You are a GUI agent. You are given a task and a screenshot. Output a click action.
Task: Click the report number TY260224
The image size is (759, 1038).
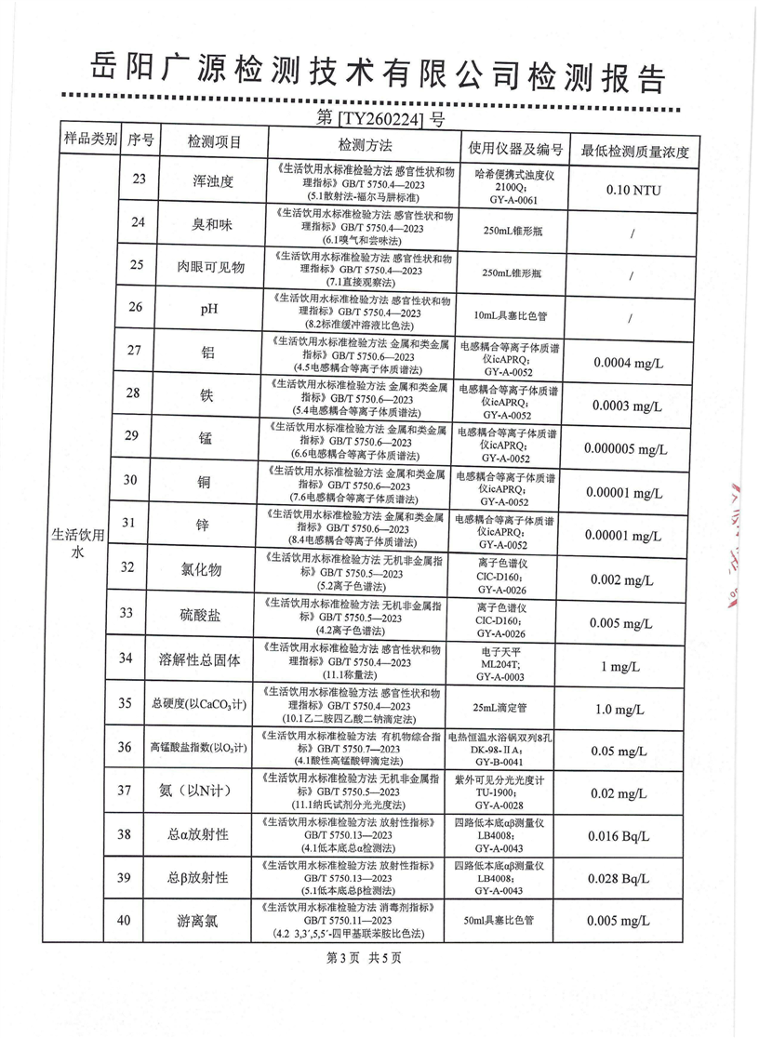pos(380,118)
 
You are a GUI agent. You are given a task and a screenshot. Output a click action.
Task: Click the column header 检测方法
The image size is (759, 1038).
pos(366,144)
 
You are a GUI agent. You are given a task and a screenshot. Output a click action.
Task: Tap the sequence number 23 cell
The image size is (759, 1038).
pos(140,180)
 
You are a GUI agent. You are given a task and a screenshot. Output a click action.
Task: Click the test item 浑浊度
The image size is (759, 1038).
pos(211,181)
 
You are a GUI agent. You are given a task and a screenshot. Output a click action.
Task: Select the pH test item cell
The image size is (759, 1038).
pos(211,310)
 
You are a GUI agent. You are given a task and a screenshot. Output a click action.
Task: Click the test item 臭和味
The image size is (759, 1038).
pos(211,224)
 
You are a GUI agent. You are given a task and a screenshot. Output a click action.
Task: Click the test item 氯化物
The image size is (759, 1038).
pos(211,569)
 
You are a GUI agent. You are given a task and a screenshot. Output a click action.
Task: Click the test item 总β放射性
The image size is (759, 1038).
pos(198,878)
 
